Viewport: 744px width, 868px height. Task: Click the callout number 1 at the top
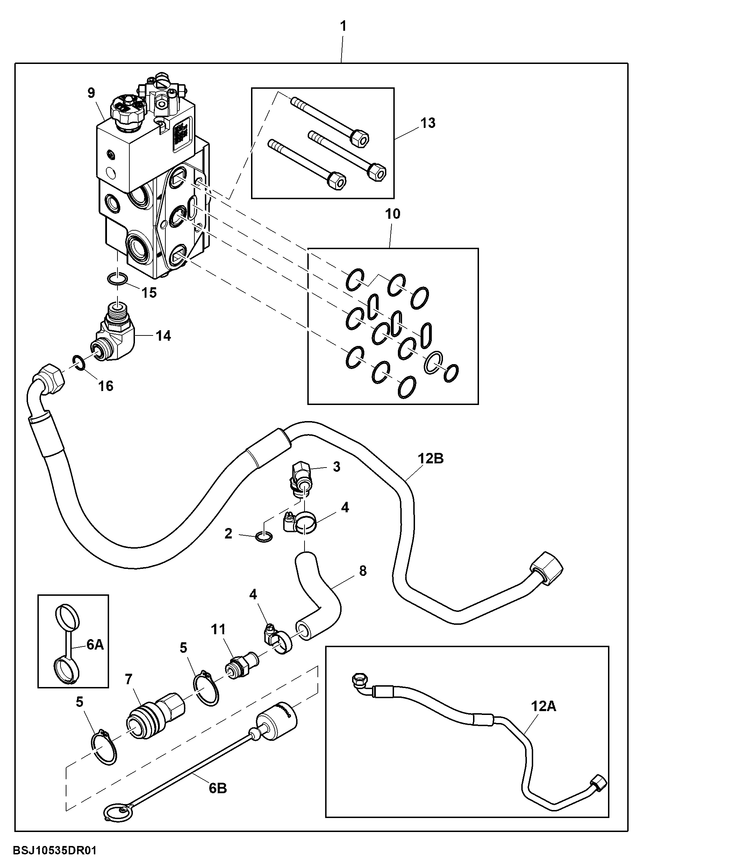[x=343, y=27]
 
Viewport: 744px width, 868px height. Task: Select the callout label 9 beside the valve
[x=91, y=93]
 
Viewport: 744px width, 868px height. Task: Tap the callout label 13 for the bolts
[x=428, y=123]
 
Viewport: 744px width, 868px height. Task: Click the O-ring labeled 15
[x=117, y=279]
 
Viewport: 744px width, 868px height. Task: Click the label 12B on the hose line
[x=430, y=458]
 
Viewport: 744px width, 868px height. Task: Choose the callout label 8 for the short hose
[x=363, y=571]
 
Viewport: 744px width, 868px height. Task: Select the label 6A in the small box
[x=95, y=645]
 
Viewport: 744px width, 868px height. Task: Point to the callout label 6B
[x=218, y=788]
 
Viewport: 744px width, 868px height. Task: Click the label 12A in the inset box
[x=544, y=706]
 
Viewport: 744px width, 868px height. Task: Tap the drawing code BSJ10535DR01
[x=55, y=851]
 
